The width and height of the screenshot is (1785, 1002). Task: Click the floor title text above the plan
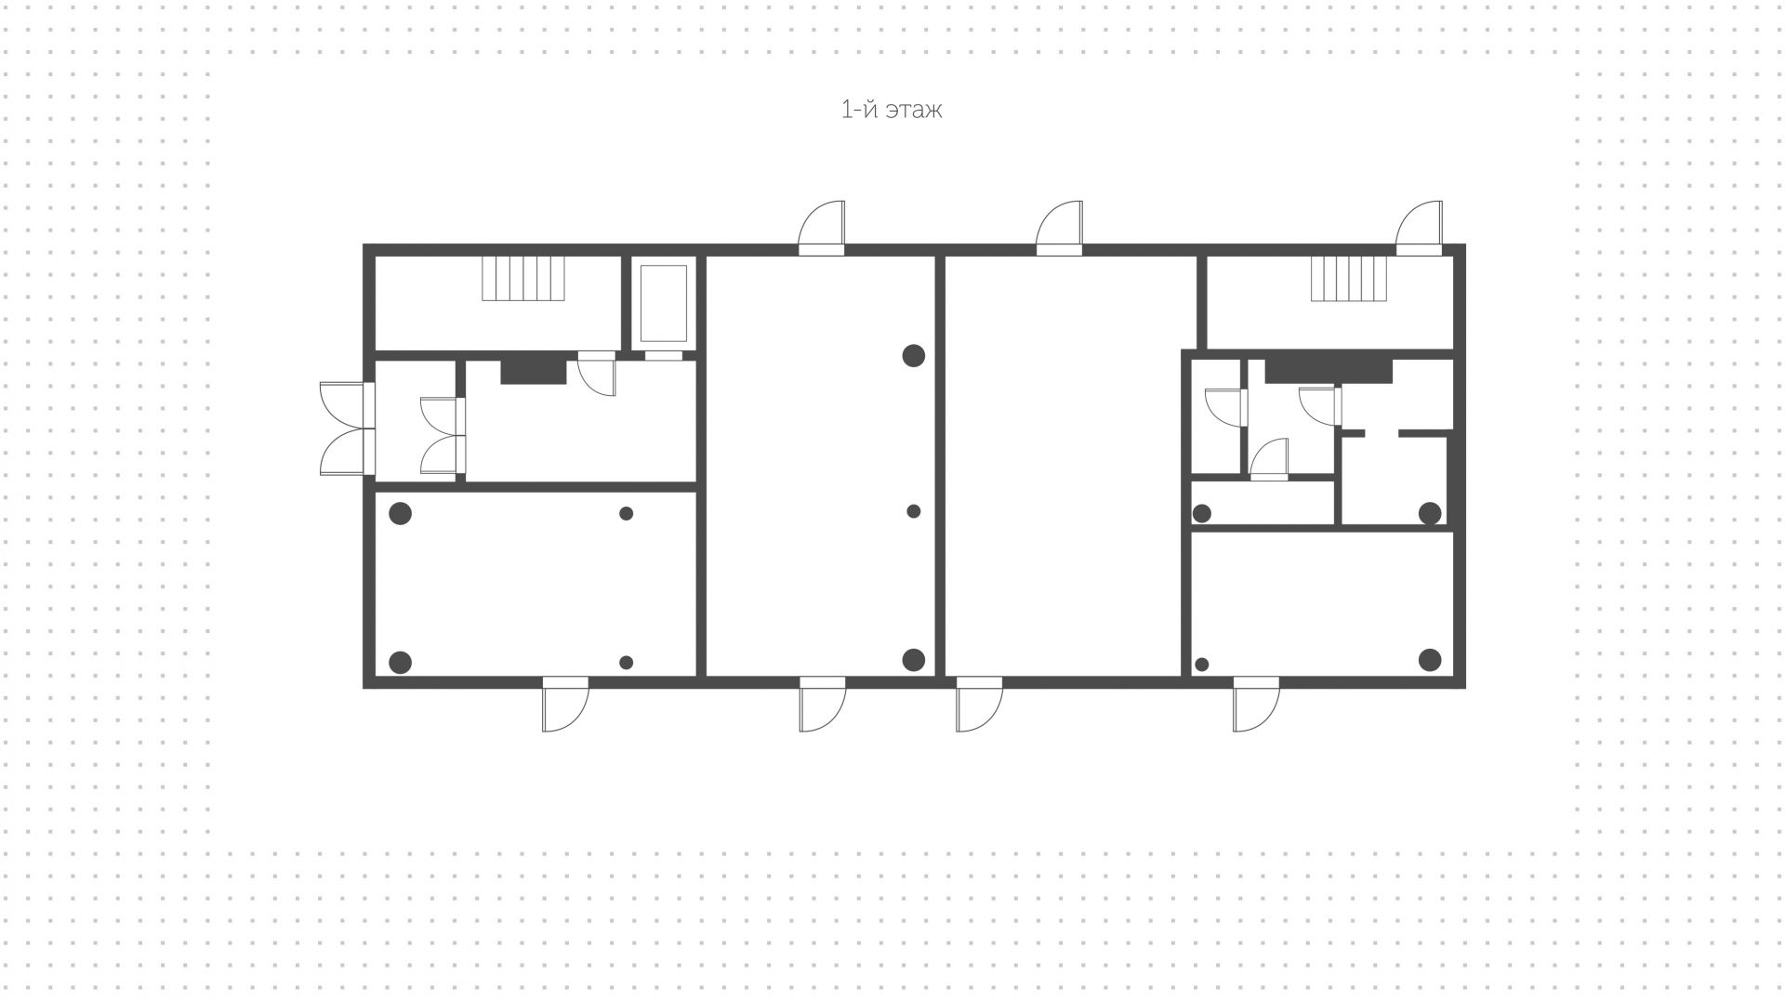(891, 110)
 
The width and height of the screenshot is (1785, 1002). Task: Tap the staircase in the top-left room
(523, 279)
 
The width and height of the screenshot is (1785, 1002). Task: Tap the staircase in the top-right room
(1349, 279)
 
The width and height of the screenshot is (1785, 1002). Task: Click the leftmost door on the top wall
(823, 228)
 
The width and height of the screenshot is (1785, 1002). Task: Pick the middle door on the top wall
(1061, 228)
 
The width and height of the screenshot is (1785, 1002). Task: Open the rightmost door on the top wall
(1420, 228)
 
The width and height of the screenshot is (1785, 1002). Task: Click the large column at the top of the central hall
(914, 355)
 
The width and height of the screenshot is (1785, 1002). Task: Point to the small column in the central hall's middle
(914, 511)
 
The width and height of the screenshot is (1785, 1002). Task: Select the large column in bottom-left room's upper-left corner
(400, 513)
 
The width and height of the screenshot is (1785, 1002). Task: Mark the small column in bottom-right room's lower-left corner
(1202, 665)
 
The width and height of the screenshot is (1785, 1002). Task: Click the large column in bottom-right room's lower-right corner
(1430, 661)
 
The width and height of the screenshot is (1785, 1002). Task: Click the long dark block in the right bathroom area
(1329, 371)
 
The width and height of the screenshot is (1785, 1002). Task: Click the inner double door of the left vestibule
(440, 436)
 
